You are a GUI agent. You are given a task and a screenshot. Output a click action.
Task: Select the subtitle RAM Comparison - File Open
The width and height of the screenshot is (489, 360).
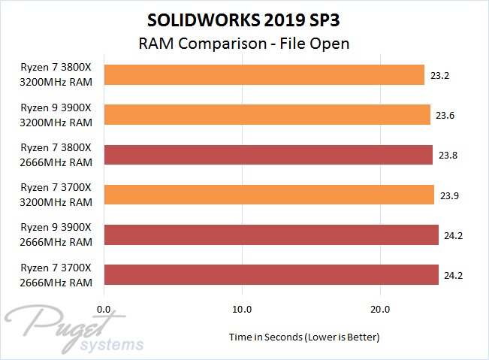[244, 43]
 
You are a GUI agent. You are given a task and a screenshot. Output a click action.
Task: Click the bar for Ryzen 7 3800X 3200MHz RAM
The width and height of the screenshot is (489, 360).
[264, 74]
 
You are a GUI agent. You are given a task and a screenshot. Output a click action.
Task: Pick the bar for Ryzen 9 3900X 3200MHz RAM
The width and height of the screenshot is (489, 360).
[267, 114]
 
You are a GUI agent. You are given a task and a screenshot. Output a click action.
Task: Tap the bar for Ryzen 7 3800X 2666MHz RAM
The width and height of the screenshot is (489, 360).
[268, 155]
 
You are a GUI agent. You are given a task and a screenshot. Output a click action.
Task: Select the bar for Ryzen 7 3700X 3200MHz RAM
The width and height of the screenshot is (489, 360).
[269, 195]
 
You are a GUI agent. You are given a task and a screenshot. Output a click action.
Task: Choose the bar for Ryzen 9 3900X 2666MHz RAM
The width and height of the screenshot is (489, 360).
[271, 234]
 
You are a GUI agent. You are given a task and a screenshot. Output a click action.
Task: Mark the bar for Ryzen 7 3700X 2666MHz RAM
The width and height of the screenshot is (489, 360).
[271, 274]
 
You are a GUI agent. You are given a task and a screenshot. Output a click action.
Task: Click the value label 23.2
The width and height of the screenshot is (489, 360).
[440, 75]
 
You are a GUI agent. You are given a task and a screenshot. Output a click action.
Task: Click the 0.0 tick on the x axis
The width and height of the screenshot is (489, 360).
[105, 308]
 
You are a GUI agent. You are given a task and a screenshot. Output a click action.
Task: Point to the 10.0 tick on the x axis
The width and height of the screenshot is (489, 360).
[242, 308]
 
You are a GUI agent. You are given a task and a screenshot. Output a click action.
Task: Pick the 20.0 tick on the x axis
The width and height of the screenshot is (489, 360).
[379, 308]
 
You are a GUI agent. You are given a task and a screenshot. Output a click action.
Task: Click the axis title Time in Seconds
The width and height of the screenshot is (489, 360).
[304, 337]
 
